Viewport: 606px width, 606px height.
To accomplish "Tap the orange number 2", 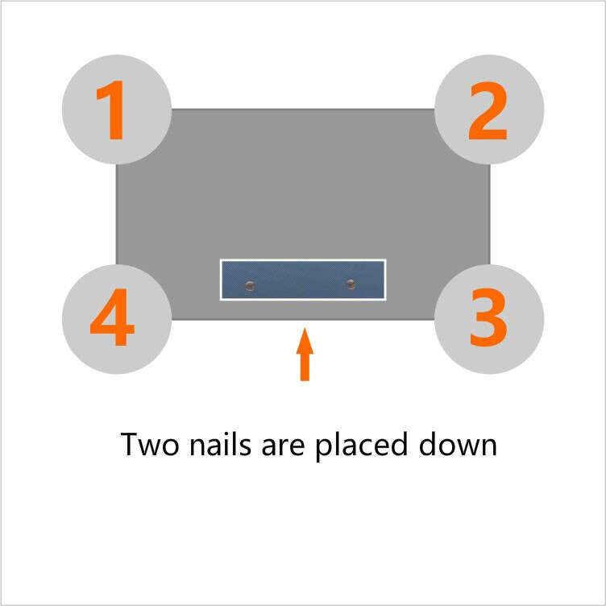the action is pos(488,110).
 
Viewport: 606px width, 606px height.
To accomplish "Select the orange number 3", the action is pos(488,318).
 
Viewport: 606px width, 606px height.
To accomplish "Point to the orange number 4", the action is pos(112,317).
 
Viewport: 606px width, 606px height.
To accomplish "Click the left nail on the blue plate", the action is pos(250,285).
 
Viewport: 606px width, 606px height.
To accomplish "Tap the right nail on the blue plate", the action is pos(351,284).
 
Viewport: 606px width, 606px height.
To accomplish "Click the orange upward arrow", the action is pos(305,354).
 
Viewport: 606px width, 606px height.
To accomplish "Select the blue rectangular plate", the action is pos(303,280).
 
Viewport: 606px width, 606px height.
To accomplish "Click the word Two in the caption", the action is pos(150,445).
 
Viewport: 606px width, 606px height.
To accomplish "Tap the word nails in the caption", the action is pos(220,444).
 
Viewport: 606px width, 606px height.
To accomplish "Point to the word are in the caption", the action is pos(284,447).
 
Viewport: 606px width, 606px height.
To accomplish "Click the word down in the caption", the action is pos(458,444).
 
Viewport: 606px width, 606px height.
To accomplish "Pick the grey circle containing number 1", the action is pos(117,110).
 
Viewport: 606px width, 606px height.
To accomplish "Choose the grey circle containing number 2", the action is pos(489,110).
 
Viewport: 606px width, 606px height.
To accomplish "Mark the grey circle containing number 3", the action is pos(489,319).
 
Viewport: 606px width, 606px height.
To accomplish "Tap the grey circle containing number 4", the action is pos(117,319).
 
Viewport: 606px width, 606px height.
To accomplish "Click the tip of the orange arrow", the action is pos(305,328).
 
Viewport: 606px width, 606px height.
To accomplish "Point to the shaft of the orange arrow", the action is pos(305,367).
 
